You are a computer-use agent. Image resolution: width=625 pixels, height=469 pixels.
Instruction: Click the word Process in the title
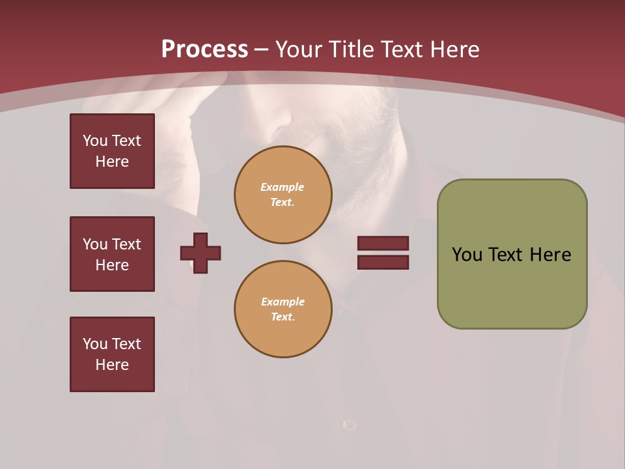[x=204, y=50]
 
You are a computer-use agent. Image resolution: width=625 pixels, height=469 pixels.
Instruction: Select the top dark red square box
[x=112, y=151]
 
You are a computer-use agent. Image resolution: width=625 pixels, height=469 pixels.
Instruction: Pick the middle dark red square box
[x=112, y=254]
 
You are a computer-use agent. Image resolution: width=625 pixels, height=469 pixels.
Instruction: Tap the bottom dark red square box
[x=112, y=354]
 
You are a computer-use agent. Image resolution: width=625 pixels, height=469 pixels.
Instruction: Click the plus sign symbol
[x=201, y=253]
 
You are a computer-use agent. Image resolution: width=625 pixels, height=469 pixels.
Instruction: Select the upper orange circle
[x=283, y=195]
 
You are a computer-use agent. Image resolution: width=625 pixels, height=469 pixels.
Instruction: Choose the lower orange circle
[x=283, y=309]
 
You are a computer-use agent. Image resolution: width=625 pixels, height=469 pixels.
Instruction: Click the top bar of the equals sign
[x=383, y=244]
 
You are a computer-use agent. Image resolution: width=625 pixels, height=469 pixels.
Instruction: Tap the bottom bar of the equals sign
[x=383, y=263]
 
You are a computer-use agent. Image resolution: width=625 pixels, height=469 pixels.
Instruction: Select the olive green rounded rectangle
[x=512, y=287]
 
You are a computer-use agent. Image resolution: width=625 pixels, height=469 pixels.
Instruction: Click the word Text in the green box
[x=506, y=255]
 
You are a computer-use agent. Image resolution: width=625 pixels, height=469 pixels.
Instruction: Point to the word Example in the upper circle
[x=283, y=188]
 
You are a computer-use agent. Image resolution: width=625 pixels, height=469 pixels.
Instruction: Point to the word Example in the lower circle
[x=283, y=302]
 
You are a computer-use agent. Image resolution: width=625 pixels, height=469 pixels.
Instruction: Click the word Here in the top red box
[x=112, y=162]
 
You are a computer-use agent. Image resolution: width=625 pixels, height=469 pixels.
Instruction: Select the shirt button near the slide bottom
[x=350, y=425]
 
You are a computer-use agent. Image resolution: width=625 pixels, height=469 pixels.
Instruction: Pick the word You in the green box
[x=466, y=255]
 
